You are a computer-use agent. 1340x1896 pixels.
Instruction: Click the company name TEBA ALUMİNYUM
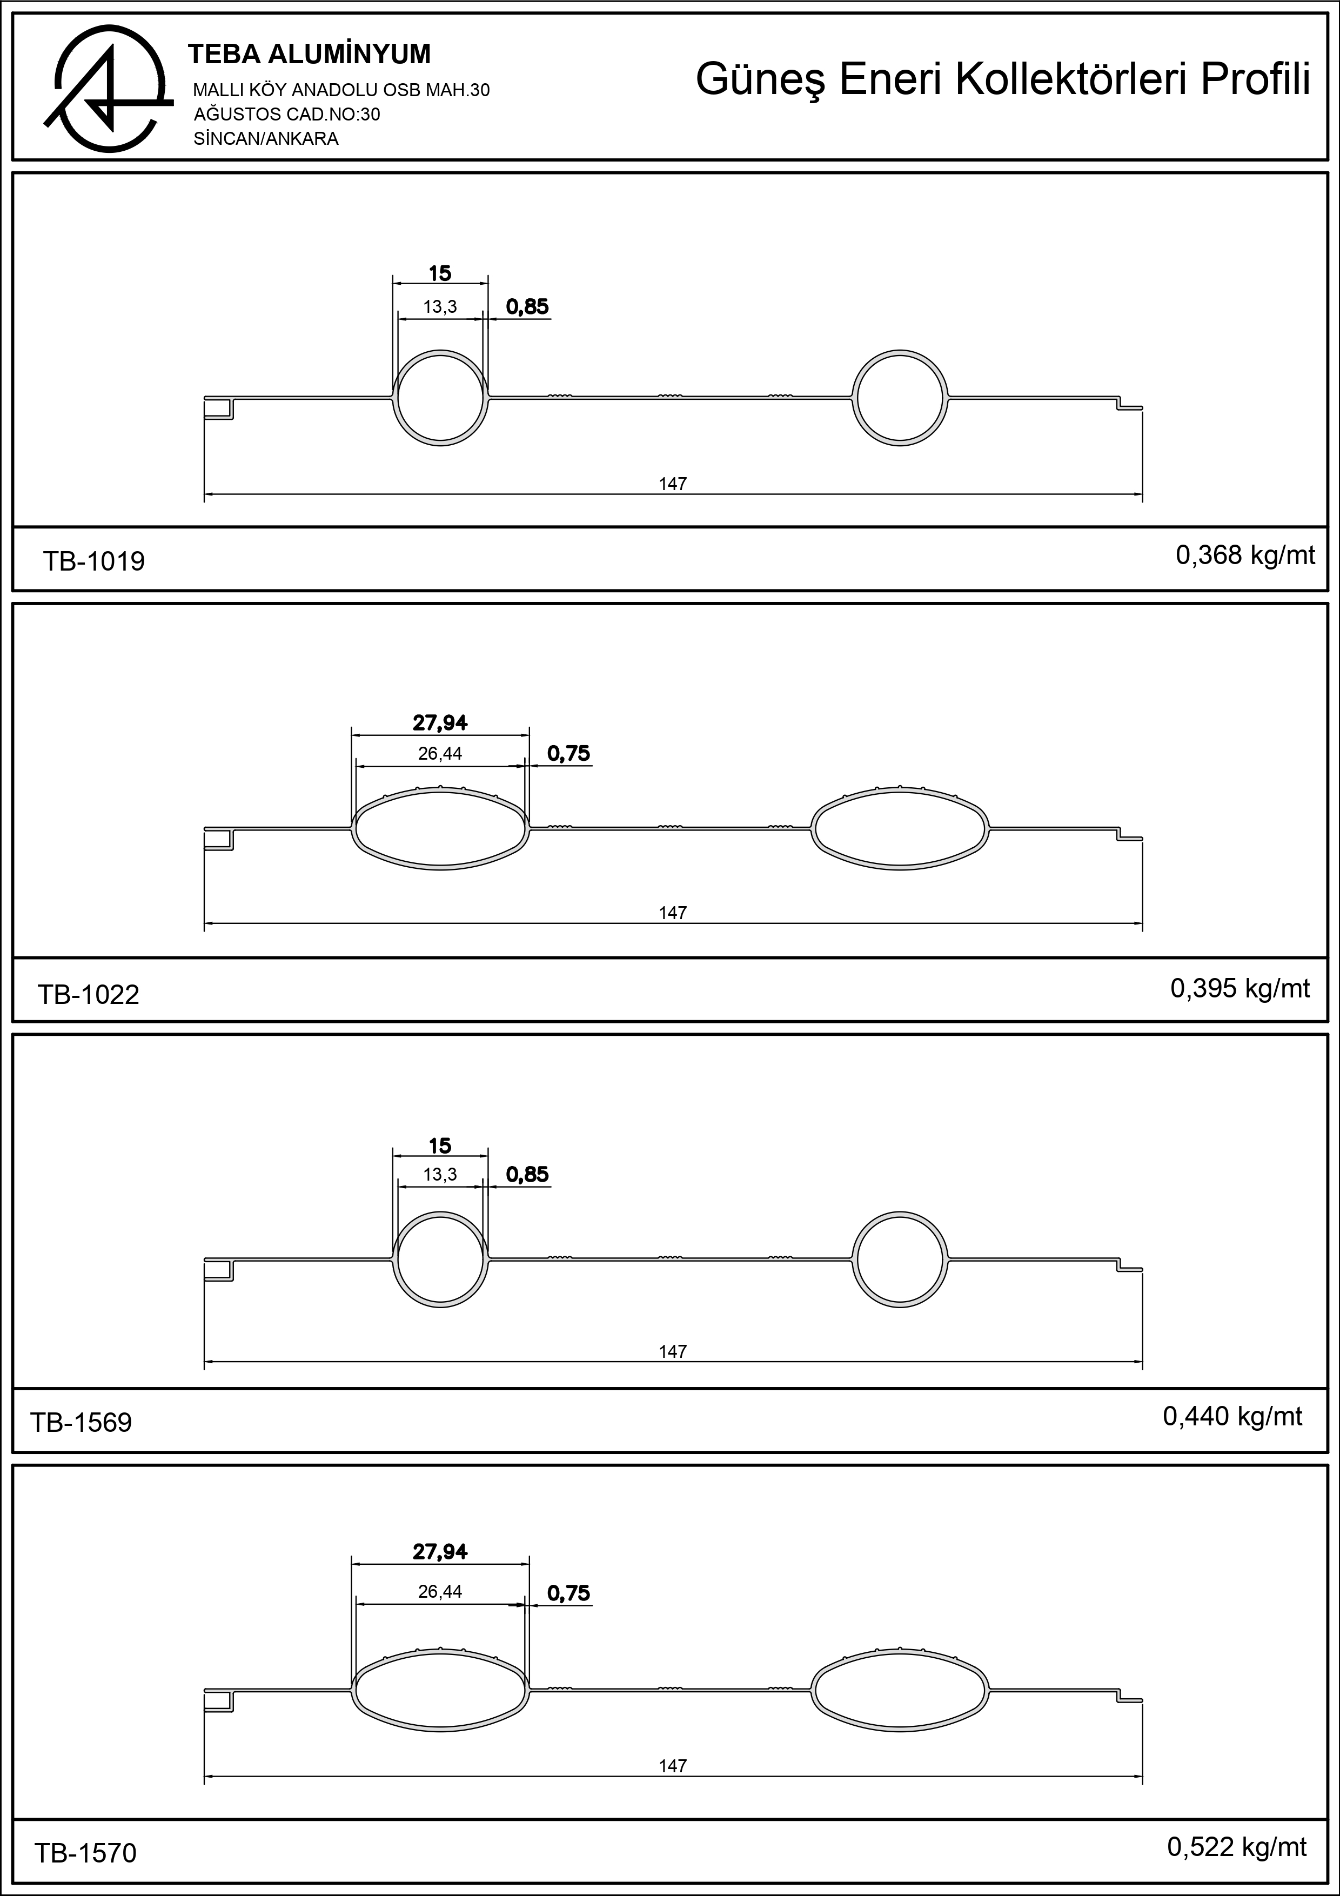310,55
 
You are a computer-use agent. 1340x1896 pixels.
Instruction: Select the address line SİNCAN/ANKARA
266,139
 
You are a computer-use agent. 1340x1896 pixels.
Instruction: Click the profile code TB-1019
93,561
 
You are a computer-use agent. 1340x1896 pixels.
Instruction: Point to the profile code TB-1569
81,1422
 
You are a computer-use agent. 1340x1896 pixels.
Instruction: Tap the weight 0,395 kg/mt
1240,988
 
